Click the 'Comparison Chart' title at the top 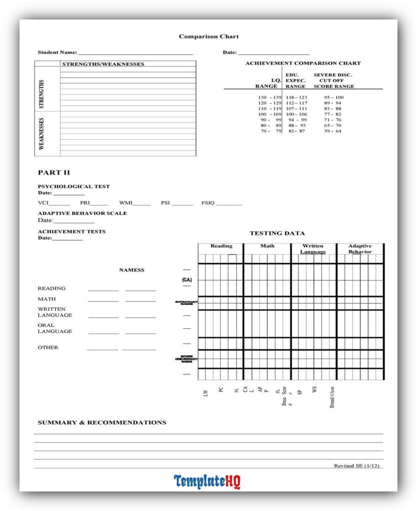pos(209,36)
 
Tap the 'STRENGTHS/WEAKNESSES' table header pos(103,64)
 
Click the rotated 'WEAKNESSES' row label pos(42,134)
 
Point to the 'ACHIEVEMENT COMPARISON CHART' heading pos(303,63)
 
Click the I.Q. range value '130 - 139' pos(270,97)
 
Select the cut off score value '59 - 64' pos(333,131)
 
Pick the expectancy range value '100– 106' pos(297,114)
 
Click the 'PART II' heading pos(54,173)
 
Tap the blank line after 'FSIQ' pos(229,205)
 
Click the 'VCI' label pos(43,203)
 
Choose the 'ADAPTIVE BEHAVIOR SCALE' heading pos(82,213)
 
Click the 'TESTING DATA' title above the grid pos(277,233)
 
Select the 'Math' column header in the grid pos(267,246)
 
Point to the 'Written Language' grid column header pos(313,249)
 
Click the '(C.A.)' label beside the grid pos(187,280)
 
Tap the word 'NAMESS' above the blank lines pos(131,270)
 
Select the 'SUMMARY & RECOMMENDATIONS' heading pos(102,423)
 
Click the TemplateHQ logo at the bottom pos(207,482)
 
